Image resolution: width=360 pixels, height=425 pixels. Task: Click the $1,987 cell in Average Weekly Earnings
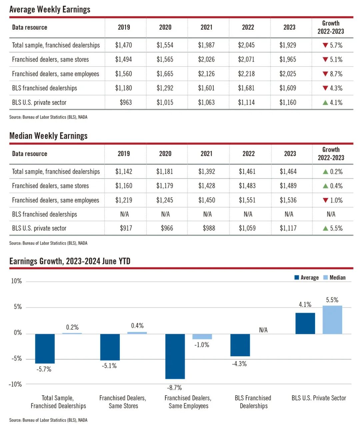click(x=206, y=45)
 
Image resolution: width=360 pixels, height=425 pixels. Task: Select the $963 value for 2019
click(x=126, y=102)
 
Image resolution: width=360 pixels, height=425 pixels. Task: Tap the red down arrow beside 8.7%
click(x=325, y=74)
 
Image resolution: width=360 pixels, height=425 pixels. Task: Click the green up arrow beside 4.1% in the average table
click(x=325, y=102)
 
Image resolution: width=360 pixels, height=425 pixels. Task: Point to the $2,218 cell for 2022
click(x=246, y=74)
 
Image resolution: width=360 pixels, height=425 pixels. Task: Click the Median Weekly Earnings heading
click(x=48, y=136)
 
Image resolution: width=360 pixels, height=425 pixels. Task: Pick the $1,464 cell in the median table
click(x=288, y=172)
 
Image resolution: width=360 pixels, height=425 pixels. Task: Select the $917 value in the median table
click(x=126, y=228)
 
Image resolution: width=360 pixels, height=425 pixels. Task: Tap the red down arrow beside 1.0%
click(x=325, y=200)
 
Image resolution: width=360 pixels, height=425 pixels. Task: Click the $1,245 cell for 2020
click(x=165, y=200)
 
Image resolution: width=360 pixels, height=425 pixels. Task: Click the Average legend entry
click(x=306, y=278)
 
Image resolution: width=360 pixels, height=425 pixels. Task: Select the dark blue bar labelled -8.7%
click(x=175, y=356)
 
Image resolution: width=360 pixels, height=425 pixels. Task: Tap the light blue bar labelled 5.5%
click(x=332, y=320)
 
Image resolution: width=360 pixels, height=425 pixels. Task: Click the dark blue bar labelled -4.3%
click(x=240, y=345)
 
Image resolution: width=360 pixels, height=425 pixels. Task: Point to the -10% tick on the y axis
click(x=15, y=384)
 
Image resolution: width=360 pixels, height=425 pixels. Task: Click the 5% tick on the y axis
click(x=18, y=307)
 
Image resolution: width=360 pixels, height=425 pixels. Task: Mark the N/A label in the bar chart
click(x=263, y=330)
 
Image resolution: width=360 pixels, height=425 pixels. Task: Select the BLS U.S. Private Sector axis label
click(x=319, y=398)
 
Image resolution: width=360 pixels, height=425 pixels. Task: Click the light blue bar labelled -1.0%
click(x=202, y=336)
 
